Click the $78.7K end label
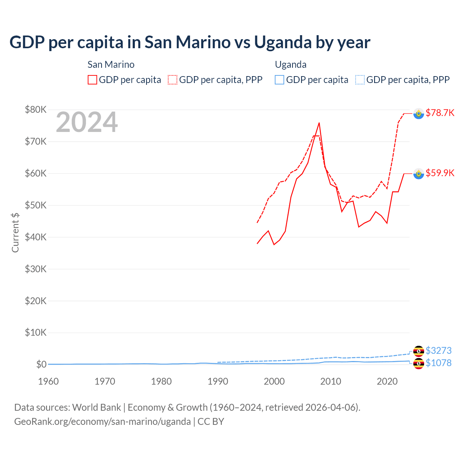coord(440,113)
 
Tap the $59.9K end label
coord(440,173)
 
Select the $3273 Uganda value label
coord(439,351)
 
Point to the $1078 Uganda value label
coord(439,363)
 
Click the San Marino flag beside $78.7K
coord(419,114)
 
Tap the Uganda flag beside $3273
coord(419,351)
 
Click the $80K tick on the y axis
coord(36,109)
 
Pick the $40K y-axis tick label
coord(36,237)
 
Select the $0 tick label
coord(41,364)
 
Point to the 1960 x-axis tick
coord(48,381)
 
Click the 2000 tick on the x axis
coord(274,381)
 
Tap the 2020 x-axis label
coord(387,381)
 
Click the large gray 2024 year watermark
coord(87,122)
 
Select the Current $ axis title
coord(15,232)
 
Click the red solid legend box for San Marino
coord(92,80)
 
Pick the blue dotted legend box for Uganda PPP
coord(360,80)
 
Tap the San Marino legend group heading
coord(111,65)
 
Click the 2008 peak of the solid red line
coord(319,123)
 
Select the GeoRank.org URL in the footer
coord(103,422)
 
